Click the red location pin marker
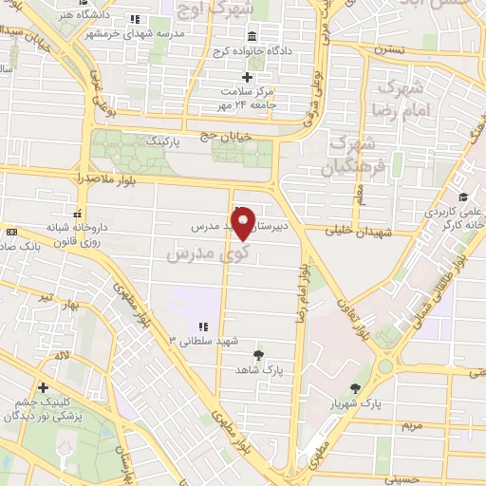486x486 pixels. (243, 223)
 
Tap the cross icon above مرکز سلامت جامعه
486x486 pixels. (248, 77)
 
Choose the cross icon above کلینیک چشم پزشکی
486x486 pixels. (43, 387)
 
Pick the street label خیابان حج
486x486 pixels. (225, 137)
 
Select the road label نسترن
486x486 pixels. (388, 47)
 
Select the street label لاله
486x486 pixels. (63, 354)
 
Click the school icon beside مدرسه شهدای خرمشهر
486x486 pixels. (135, 19)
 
